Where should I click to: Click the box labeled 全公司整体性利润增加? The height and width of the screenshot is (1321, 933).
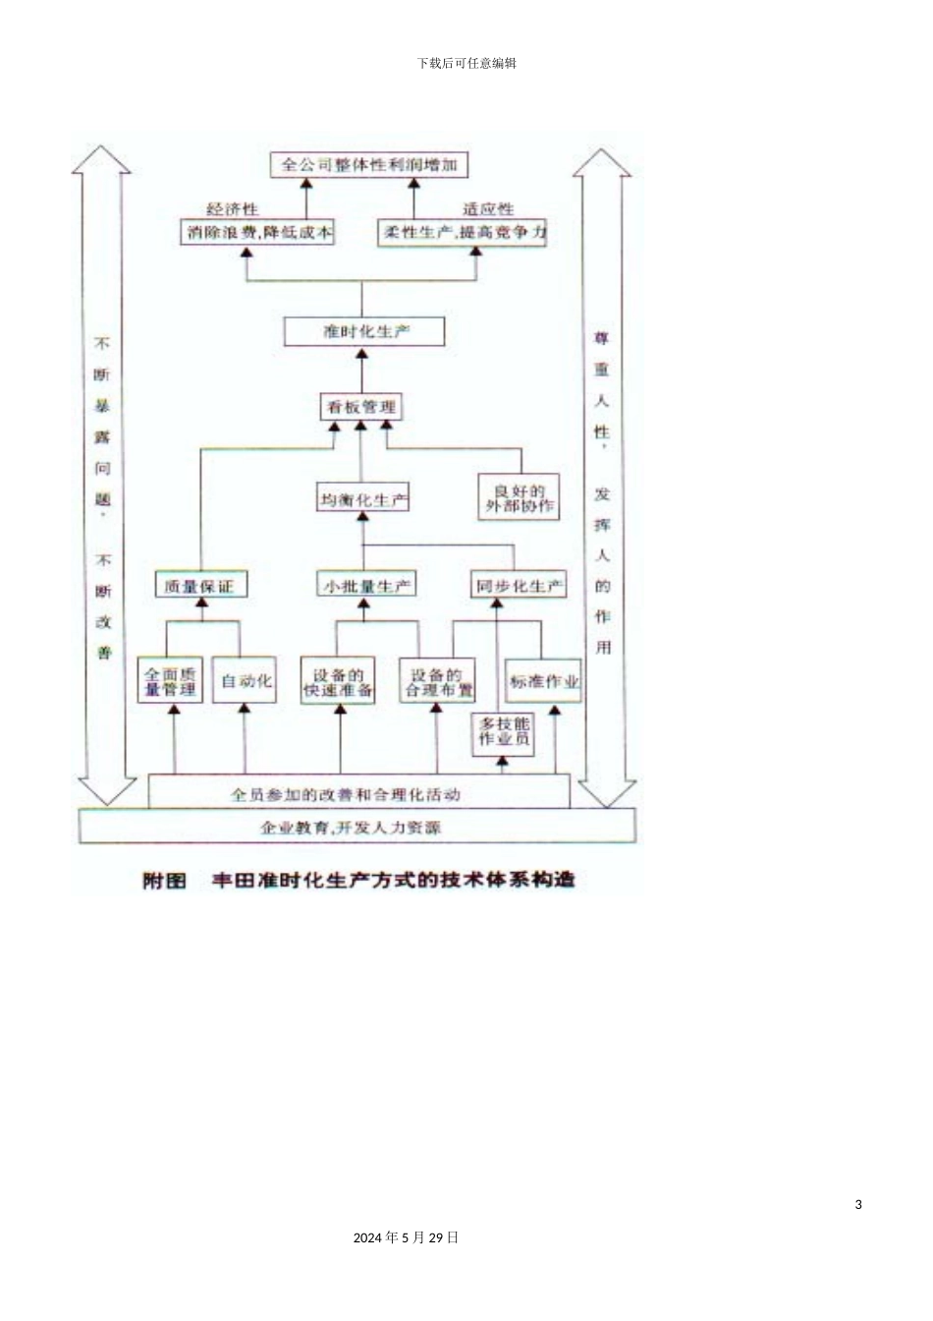pyautogui.click(x=369, y=164)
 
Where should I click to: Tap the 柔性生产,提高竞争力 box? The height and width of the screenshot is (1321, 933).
pyautogui.click(x=463, y=233)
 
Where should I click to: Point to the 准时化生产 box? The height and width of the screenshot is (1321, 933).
pyautogui.click(x=364, y=331)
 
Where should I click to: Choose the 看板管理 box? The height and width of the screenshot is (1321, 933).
pyautogui.click(x=360, y=406)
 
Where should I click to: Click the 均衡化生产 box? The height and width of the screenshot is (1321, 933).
pyautogui.click(x=363, y=499)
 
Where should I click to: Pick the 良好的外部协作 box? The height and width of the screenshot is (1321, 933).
pyautogui.click(x=519, y=497)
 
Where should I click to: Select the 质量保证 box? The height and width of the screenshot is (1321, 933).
pyautogui.click(x=200, y=586)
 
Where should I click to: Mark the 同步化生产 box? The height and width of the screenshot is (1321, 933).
pyautogui.click(x=520, y=586)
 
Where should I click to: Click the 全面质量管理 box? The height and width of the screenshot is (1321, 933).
pyautogui.click(x=170, y=681)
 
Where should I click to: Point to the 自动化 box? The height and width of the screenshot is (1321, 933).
pyautogui.click(x=246, y=681)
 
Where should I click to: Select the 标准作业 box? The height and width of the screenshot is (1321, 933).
pyautogui.click(x=544, y=681)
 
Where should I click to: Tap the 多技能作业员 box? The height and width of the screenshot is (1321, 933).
pyautogui.click(x=504, y=732)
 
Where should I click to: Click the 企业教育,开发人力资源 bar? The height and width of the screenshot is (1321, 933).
pyautogui.click(x=357, y=828)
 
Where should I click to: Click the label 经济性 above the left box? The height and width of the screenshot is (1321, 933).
pyautogui.click(x=232, y=209)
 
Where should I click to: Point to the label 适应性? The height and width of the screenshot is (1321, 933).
pyautogui.click(x=488, y=209)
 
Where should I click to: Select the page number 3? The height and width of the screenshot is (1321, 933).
pyautogui.click(x=858, y=1204)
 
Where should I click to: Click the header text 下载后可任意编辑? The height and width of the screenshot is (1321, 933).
pyautogui.click(x=466, y=63)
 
